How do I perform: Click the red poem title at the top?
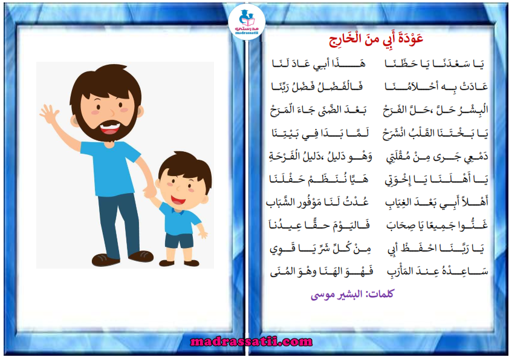(x=376, y=39)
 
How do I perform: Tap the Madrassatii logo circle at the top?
(x=247, y=22)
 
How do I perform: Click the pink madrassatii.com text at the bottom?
(x=251, y=341)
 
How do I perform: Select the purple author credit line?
(x=352, y=294)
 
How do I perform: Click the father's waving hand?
(x=49, y=114)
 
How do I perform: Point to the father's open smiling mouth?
(x=109, y=128)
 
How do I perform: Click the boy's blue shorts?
(x=178, y=240)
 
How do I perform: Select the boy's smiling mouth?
(x=178, y=200)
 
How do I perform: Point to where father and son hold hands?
(x=151, y=192)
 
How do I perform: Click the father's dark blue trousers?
(x=119, y=225)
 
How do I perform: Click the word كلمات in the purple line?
(x=380, y=293)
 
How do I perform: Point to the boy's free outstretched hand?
(x=203, y=234)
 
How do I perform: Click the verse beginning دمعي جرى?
(x=437, y=157)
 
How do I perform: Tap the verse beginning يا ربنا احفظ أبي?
(x=436, y=249)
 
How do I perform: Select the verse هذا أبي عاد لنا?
(x=319, y=64)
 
